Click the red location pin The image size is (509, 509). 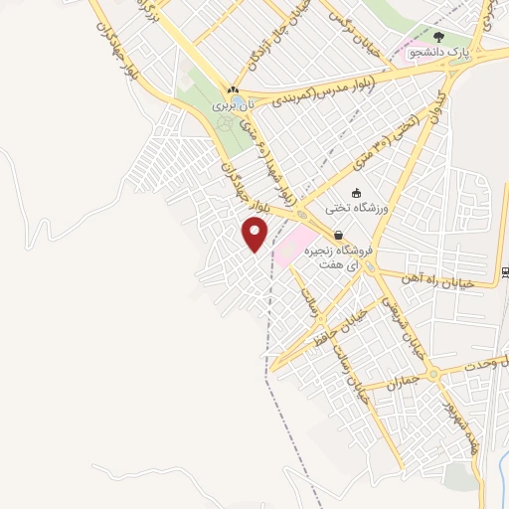(255, 235)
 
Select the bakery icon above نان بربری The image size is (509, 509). (233, 89)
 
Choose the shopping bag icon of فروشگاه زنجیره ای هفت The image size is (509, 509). (340, 237)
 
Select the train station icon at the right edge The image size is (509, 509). (505, 271)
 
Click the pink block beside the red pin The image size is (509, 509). (296, 244)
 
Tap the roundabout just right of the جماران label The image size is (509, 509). (433, 373)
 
